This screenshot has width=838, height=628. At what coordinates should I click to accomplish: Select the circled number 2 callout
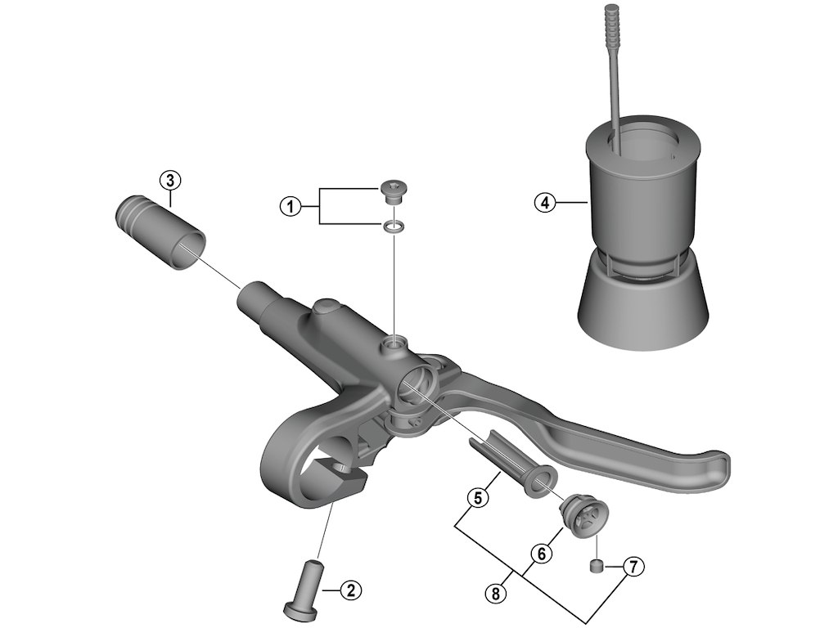tap(349, 590)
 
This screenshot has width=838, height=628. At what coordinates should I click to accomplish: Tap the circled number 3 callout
tap(169, 179)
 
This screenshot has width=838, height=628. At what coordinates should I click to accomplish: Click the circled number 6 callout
tap(539, 554)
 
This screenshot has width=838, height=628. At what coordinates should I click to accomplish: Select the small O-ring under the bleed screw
tap(394, 227)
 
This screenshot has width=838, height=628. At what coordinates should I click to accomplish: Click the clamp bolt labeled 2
tap(304, 590)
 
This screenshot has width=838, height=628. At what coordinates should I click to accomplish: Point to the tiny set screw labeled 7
tap(597, 565)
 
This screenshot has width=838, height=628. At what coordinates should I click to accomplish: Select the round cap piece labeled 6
tap(580, 517)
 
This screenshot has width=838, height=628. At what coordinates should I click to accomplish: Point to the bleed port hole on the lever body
tap(395, 343)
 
